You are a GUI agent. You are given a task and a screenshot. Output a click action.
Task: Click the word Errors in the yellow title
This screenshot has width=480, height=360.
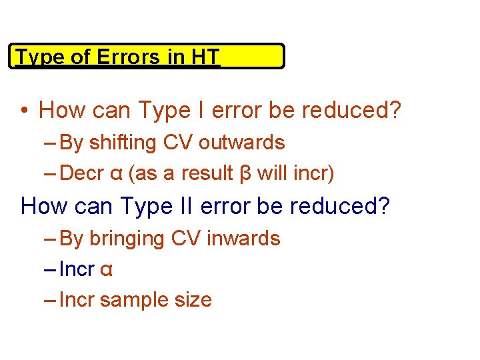click(129, 57)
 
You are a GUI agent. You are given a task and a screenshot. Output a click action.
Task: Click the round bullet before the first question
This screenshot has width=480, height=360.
click(25, 110)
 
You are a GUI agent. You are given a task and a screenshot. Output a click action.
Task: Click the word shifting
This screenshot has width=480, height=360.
click(120, 143)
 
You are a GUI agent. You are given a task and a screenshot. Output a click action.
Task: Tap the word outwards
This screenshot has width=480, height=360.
click(242, 142)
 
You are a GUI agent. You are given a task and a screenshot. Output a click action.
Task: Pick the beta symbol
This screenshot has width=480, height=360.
click(245, 174)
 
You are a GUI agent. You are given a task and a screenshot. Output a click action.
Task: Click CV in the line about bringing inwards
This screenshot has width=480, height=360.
click(187, 238)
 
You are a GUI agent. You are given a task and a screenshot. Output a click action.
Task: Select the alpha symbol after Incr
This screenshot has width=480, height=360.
click(106, 270)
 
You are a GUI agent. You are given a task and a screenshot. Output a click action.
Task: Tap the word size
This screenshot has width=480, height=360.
click(194, 300)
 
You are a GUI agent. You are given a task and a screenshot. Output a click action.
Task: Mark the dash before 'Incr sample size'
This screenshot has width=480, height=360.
click(50, 300)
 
